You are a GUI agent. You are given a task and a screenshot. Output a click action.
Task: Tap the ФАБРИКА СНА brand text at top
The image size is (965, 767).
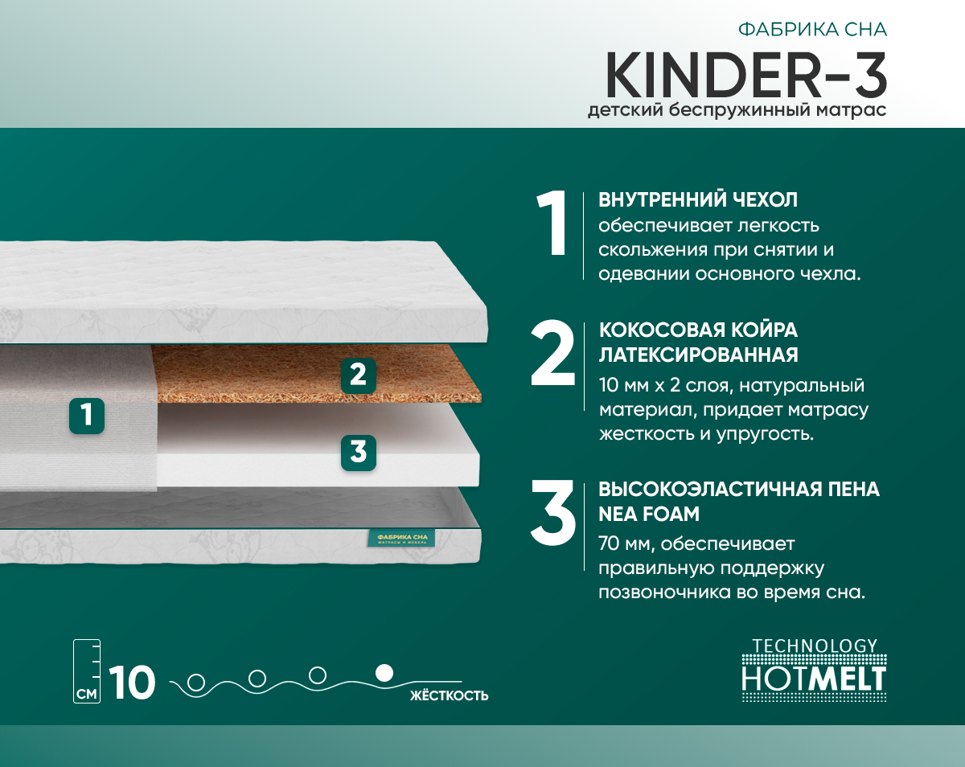coord(812,31)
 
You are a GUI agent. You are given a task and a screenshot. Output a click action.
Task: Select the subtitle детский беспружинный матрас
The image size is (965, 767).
coord(737,110)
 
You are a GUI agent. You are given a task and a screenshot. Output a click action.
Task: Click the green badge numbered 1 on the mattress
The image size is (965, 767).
coord(86,415)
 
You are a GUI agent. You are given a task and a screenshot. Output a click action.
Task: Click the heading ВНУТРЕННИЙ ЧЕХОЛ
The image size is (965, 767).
coord(698,199)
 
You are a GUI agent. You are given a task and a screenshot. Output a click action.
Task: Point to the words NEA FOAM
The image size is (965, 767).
coord(648,513)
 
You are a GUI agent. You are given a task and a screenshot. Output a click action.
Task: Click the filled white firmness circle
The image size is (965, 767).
coord(384,671)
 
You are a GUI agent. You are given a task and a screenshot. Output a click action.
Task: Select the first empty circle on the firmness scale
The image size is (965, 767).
coord(195,683)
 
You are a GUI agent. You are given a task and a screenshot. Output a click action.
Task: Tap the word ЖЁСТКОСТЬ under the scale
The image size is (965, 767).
coord(449,695)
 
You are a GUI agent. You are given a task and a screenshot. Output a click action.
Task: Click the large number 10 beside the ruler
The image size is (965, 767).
coord(132,683)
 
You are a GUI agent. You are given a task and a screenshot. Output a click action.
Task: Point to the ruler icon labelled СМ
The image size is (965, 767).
coord(87,671)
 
